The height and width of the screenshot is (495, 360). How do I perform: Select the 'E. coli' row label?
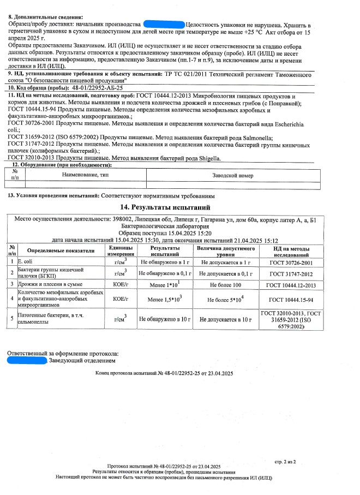coord(26,262)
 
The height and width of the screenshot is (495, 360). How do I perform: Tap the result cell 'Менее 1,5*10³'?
coord(164,300)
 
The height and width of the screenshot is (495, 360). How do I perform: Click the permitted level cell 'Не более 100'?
coord(225,285)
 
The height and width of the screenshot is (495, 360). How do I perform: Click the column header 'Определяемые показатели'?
coord(61,251)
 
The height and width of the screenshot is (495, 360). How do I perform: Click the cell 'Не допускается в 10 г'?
coord(225,319)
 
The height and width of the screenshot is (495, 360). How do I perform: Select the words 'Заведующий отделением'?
coord(82,361)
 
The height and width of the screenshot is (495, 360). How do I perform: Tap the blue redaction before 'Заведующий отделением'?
coord(27,361)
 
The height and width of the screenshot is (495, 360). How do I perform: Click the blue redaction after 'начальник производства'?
coord(163,25)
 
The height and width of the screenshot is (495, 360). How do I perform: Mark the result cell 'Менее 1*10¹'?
coord(164,284)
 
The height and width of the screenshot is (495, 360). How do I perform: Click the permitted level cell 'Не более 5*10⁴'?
coord(225,300)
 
